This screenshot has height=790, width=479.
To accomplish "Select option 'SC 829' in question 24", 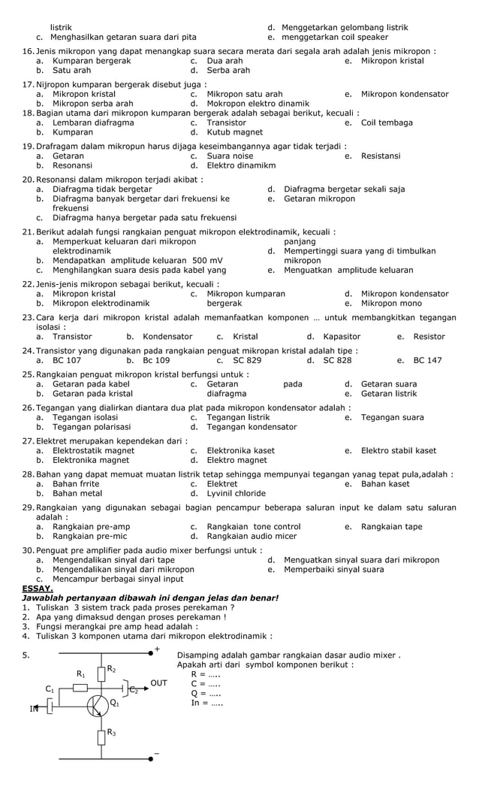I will (x=246, y=361).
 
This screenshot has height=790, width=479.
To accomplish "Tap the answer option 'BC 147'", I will (x=427, y=361).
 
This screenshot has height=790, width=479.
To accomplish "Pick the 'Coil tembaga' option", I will (x=387, y=123).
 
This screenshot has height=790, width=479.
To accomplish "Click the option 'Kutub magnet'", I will (x=234, y=132).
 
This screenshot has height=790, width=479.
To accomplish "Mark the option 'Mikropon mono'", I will (x=391, y=304).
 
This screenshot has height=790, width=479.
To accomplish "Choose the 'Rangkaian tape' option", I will (x=391, y=527).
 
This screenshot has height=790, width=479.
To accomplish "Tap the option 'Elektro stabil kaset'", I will (x=398, y=451).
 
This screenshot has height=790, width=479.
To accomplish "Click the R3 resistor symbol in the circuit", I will (x=101, y=734).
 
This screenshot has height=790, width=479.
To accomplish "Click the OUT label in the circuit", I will (x=158, y=683).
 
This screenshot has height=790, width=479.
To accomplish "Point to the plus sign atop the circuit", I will (x=157, y=648).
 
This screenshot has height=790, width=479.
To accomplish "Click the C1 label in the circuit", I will (x=50, y=689).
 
